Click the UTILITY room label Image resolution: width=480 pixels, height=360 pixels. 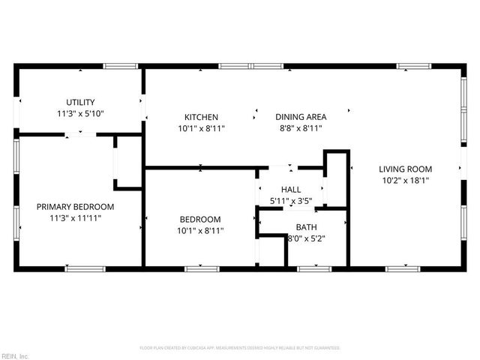click(x=80, y=102)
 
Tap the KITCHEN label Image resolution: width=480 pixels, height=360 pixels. click(x=201, y=117)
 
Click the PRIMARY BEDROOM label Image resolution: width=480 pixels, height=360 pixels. click(x=75, y=207)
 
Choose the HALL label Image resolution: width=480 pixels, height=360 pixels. click(x=291, y=190)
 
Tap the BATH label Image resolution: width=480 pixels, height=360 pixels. click(x=305, y=227)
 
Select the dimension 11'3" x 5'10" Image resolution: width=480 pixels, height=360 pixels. click(x=80, y=113)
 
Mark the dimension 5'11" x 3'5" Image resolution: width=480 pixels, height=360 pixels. click(x=291, y=201)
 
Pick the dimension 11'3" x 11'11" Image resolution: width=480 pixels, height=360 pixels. click(x=75, y=218)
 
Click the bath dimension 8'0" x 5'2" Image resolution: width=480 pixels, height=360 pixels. click(x=305, y=238)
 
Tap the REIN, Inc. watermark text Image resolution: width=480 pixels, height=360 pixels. click(x=15, y=355)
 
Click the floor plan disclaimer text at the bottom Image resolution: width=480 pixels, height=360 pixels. click(x=240, y=348)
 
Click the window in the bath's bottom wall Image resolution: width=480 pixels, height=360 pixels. click(x=313, y=268)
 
